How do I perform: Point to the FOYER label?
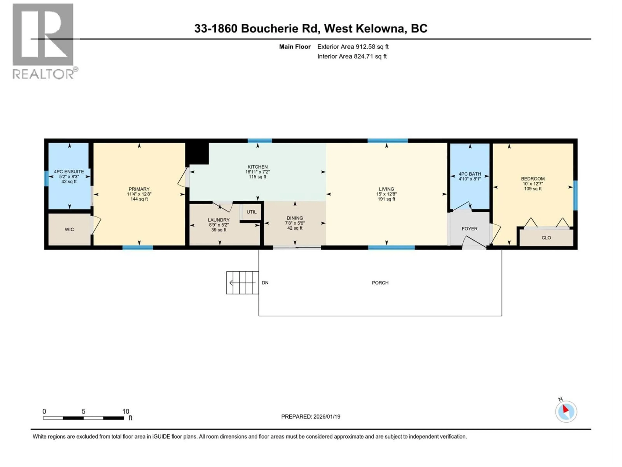(x=469, y=229)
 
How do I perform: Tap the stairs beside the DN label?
(x=242, y=283)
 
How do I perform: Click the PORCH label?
(x=380, y=283)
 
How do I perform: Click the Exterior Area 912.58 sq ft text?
(x=353, y=47)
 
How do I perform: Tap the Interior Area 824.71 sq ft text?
(x=352, y=56)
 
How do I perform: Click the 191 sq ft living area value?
(x=386, y=199)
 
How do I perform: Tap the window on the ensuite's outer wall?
(x=46, y=179)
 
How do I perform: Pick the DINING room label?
(x=295, y=218)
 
